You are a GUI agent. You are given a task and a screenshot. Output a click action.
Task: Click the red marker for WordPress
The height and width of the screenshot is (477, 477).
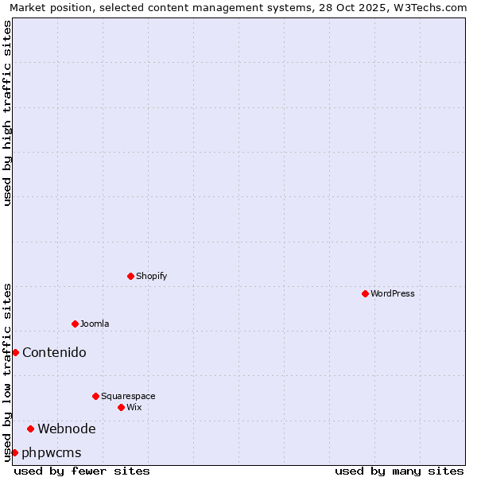click(x=365, y=293)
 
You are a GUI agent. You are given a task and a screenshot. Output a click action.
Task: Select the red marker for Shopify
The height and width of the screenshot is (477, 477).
click(x=130, y=276)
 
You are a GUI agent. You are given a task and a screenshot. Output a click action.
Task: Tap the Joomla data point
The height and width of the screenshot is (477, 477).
click(x=75, y=324)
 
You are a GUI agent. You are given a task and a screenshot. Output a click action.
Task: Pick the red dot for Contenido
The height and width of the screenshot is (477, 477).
click(x=15, y=352)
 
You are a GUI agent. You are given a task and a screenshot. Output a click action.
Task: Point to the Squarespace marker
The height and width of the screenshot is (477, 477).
click(x=95, y=396)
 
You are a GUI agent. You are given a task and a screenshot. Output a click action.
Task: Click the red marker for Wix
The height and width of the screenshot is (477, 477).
click(x=121, y=407)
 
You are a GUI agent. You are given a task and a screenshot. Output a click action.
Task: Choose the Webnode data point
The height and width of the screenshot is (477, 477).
click(x=30, y=429)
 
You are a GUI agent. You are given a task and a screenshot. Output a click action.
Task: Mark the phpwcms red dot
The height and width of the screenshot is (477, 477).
click(x=14, y=452)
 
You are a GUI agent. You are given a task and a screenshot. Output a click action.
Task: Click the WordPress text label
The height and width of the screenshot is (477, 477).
click(x=393, y=293)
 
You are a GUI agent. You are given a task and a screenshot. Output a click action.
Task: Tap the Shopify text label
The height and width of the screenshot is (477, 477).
click(x=152, y=276)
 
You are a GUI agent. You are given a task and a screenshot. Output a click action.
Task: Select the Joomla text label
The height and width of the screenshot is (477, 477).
click(x=95, y=324)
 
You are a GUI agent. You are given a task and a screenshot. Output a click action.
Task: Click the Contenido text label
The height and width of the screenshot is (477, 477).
click(x=54, y=352)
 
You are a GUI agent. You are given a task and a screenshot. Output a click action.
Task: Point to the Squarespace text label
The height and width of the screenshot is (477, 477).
click(x=128, y=396)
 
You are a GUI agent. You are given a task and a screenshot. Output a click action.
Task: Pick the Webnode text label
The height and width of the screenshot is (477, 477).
click(x=67, y=429)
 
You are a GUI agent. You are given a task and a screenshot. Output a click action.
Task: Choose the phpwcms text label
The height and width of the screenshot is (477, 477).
click(x=52, y=452)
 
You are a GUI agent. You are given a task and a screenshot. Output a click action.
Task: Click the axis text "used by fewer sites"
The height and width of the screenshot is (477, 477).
click(x=82, y=471)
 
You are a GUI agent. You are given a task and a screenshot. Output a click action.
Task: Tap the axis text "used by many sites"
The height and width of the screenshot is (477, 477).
click(x=399, y=471)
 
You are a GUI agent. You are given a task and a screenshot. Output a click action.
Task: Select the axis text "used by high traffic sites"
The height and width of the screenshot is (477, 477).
click(x=7, y=113)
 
